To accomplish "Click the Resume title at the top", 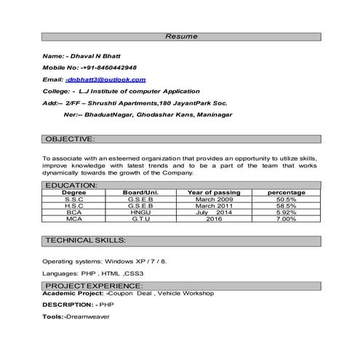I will (x=179, y=36).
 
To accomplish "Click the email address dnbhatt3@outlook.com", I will (x=105, y=79).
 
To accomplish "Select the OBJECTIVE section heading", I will (x=70, y=138).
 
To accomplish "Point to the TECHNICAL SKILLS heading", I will (x=86, y=239).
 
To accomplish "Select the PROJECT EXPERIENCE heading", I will (x=95, y=286).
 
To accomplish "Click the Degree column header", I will (x=73, y=192).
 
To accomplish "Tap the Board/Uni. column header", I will (x=141, y=192).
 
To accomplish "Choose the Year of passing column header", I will (x=214, y=192).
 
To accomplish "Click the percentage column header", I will (x=286, y=192).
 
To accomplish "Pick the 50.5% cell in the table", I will (x=287, y=199).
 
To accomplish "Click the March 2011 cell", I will (x=214, y=205).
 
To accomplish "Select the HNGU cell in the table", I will (x=141, y=212).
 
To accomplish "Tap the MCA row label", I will (x=73, y=218).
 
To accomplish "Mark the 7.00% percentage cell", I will (x=287, y=218).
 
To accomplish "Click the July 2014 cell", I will (x=214, y=212).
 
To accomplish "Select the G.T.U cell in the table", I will (x=141, y=218).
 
